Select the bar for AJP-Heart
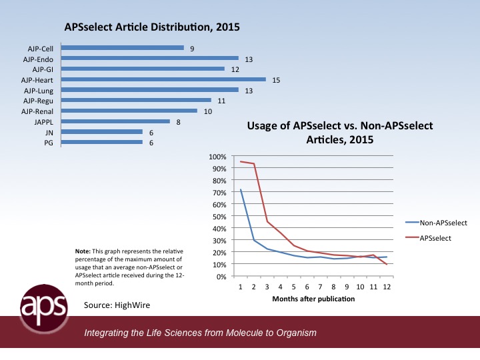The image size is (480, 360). pyautogui.click(x=163, y=79)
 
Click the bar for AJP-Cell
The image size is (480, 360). pyautogui.click(x=123, y=48)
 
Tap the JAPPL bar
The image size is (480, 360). pyautogui.click(x=115, y=121)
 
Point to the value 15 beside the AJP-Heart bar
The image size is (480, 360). pyautogui.click(x=276, y=80)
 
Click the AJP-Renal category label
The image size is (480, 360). pyautogui.click(x=37, y=111)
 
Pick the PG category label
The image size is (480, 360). pyautogui.click(x=49, y=143)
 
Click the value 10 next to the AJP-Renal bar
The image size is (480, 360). pyautogui.click(x=208, y=111)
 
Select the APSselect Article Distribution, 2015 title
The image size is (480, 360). pyautogui.click(x=152, y=27)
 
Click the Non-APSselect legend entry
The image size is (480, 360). pyautogui.click(x=436, y=223)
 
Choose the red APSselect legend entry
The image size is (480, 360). pyautogui.click(x=428, y=238)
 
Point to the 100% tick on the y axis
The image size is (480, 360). pyautogui.click(x=217, y=157)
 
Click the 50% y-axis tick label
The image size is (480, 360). pyautogui.click(x=219, y=217)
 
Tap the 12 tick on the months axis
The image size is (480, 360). pyautogui.click(x=387, y=287)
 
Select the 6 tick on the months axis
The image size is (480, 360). pyautogui.click(x=307, y=287)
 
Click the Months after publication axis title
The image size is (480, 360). pyautogui.click(x=313, y=299)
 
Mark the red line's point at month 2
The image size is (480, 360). pyautogui.click(x=254, y=163)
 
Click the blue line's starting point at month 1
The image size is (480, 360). pyautogui.click(x=241, y=189)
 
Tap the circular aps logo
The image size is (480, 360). pyautogui.click(x=44, y=308)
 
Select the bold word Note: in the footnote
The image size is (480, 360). pyautogui.click(x=83, y=251)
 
